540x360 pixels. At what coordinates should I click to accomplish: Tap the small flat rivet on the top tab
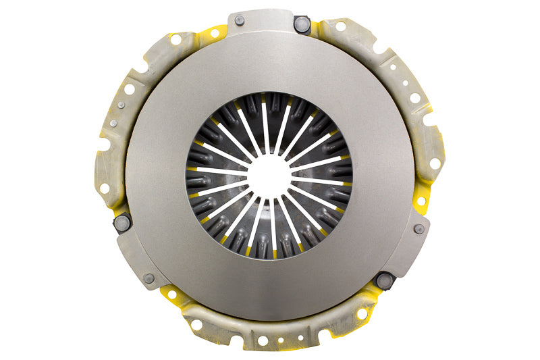point(239,21)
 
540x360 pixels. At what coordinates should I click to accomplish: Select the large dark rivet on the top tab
point(300,24)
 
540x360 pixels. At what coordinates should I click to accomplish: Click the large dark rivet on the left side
point(122,222)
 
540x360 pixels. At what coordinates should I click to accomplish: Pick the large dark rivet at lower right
point(383,278)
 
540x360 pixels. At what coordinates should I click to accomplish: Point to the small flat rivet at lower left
point(148,278)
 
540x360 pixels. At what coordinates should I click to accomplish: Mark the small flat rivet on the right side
point(418,229)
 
